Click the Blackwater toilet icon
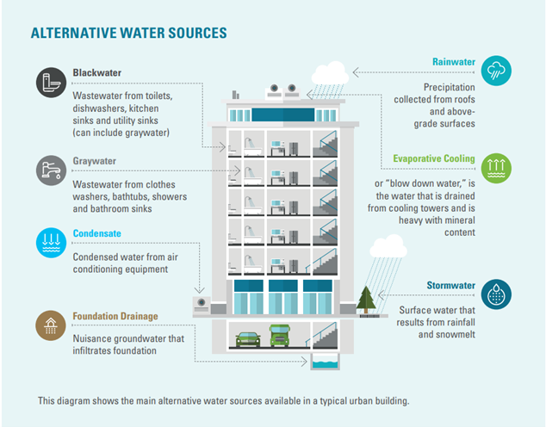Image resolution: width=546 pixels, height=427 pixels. click(x=49, y=83)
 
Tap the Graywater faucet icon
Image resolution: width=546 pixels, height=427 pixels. click(x=49, y=170)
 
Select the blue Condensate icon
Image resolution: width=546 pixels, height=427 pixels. click(x=49, y=241)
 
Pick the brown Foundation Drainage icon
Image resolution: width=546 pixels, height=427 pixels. click(x=49, y=325)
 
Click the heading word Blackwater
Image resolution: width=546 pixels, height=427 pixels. click(x=96, y=73)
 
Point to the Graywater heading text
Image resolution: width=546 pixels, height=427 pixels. click(x=96, y=161)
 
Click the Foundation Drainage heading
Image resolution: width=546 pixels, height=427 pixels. click(x=115, y=316)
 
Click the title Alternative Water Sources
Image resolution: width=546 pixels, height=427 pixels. click(x=128, y=34)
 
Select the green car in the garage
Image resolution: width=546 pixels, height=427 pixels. click(x=248, y=338)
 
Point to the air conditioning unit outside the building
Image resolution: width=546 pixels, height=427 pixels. click(x=204, y=306)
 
